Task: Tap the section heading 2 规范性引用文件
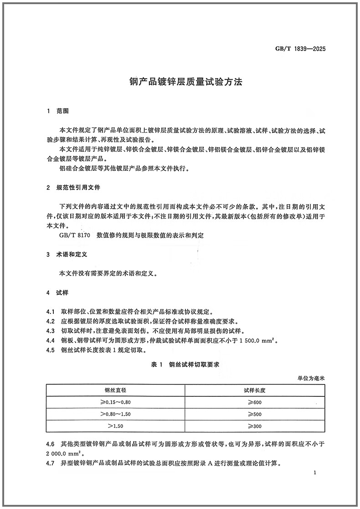73,187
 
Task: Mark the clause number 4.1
51,312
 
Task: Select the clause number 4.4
51,340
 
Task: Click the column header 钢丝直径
115,391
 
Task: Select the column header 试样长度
254,391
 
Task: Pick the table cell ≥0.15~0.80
115,402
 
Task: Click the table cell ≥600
254,402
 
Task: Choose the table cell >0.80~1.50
115,414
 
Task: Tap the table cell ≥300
254,426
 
